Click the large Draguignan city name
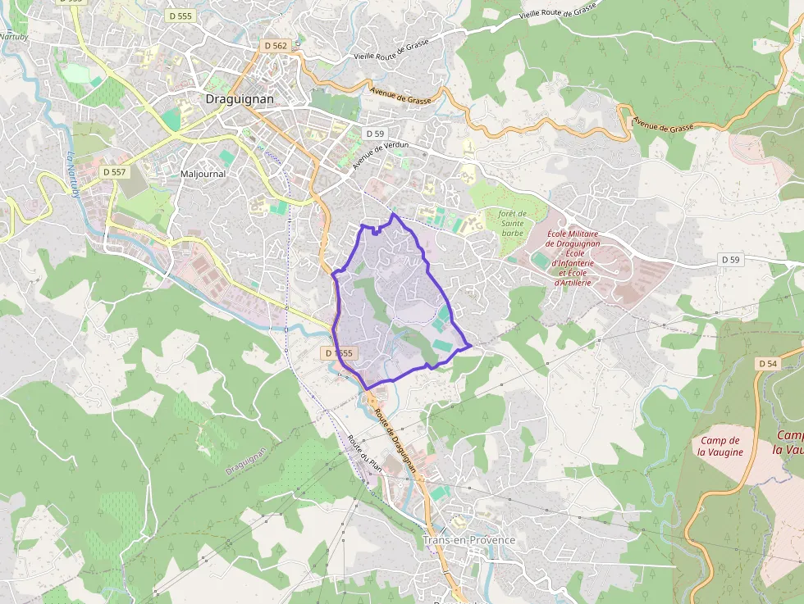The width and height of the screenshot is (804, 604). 239,99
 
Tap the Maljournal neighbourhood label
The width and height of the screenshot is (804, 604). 203,174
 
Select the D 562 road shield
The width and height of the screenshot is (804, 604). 275,46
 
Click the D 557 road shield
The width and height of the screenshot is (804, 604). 115,172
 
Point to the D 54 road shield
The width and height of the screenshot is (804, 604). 767,363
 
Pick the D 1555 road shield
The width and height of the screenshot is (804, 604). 338,353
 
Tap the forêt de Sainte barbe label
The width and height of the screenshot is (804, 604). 512,222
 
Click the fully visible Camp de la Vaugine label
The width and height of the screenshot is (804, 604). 721,446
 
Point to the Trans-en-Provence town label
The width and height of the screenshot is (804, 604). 468,540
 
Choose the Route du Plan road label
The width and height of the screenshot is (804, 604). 365,452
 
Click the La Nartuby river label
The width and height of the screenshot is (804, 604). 75,175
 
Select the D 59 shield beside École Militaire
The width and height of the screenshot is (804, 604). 730,260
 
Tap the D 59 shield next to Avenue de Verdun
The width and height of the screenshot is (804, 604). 375,133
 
